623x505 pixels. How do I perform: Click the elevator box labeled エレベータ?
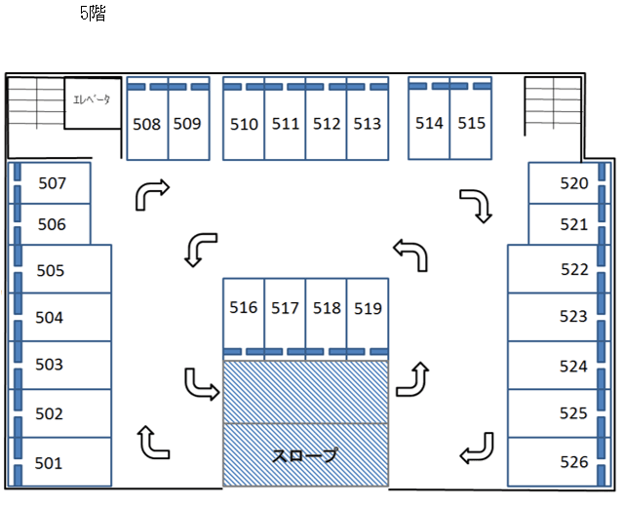click(x=94, y=102)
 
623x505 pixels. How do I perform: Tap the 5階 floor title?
click(x=93, y=14)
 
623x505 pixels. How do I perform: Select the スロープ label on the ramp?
click(x=306, y=455)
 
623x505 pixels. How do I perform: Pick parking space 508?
click(x=147, y=124)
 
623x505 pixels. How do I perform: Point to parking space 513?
click(x=368, y=124)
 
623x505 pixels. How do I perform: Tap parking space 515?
click(x=471, y=123)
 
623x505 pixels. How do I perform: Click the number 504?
click(x=49, y=317)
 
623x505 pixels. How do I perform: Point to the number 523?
click(x=573, y=317)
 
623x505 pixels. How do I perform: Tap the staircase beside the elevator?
click(x=35, y=102)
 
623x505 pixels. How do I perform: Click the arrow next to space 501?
click(x=154, y=443)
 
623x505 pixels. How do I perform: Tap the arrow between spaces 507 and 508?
click(x=152, y=194)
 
